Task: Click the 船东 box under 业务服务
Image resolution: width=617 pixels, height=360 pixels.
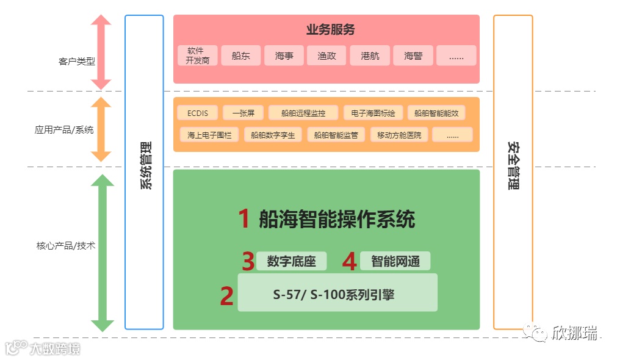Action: click(241, 56)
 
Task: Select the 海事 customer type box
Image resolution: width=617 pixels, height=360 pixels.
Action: click(284, 56)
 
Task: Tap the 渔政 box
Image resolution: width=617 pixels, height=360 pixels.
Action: click(327, 56)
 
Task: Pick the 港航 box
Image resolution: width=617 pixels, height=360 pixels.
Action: click(370, 56)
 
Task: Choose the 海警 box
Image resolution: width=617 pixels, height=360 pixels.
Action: click(413, 56)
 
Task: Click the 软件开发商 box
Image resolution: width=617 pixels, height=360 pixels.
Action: click(198, 56)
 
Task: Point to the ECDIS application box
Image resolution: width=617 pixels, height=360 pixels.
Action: click(197, 113)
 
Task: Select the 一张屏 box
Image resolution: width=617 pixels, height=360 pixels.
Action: click(243, 113)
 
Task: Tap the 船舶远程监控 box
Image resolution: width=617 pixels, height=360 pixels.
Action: click(303, 113)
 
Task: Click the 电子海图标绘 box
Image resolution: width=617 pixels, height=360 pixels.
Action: click(373, 113)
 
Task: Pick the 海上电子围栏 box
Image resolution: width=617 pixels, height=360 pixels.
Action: click(209, 135)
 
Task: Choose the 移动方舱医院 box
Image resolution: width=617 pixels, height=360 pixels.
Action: click(399, 135)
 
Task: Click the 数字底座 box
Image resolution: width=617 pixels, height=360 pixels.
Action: click(291, 261)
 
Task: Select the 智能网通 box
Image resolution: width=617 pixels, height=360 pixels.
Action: click(395, 261)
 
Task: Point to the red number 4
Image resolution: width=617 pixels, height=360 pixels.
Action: click(349, 261)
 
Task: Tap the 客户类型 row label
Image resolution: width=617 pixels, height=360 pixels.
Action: click(76, 61)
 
